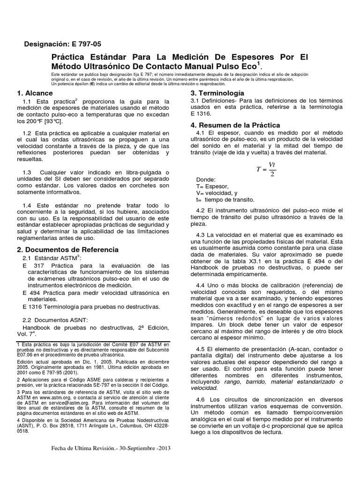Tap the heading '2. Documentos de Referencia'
coord(67,249)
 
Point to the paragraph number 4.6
coord(201,398)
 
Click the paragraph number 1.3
coord(27,172)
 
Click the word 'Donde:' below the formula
coord(207,180)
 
